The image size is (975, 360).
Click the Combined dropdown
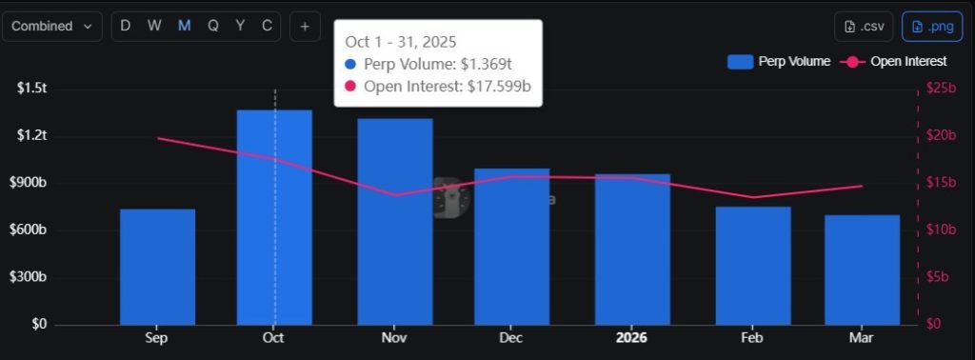coord(52,26)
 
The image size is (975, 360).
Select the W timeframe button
coord(154,26)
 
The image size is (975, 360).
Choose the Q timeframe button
coord(212,26)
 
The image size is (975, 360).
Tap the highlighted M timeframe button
coord(184,26)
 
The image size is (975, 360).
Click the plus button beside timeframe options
coord(305,27)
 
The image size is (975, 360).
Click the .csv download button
coord(865,27)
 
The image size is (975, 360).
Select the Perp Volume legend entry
coord(779,62)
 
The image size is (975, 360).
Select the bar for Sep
coord(157,267)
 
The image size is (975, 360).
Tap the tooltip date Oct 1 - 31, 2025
coord(400,42)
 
